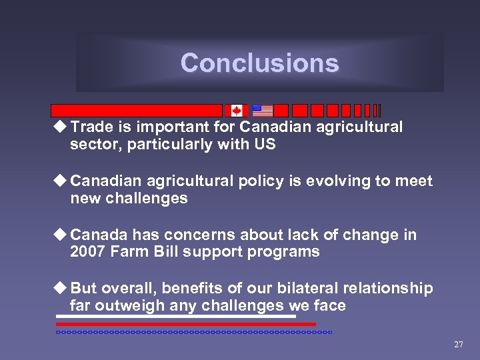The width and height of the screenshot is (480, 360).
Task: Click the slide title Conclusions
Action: point(259,63)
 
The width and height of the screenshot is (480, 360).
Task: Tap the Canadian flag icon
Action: point(237,111)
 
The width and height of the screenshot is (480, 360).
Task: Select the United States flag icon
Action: point(263,111)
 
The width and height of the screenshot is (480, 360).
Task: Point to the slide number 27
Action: point(458,345)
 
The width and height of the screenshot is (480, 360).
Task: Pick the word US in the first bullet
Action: point(265,144)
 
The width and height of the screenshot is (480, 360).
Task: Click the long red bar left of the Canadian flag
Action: point(137,111)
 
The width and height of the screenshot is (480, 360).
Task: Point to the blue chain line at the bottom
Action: point(193,331)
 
